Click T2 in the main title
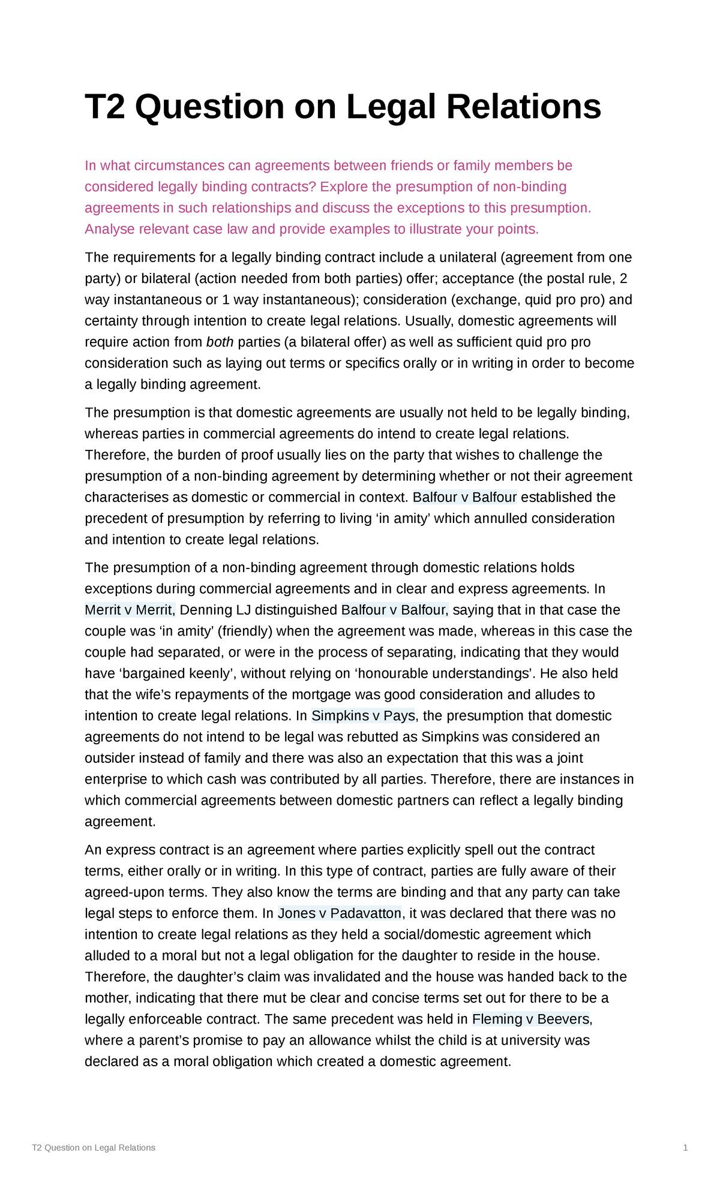pyautogui.click(x=106, y=107)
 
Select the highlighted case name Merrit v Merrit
pyautogui.click(x=129, y=610)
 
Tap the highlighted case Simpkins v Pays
pyautogui.click(x=363, y=715)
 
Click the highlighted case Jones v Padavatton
pyautogui.click(x=340, y=913)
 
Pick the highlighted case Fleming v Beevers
pyautogui.click(x=530, y=1019)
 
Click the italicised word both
pyautogui.click(x=220, y=342)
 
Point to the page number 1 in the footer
pyautogui.click(x=685, y=1147)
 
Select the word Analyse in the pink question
pyautogui.click(x=110, y=229)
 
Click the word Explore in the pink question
pyautogui.click(x=344, y=187)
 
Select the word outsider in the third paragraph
pyautogui.click(x=109, y=758)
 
